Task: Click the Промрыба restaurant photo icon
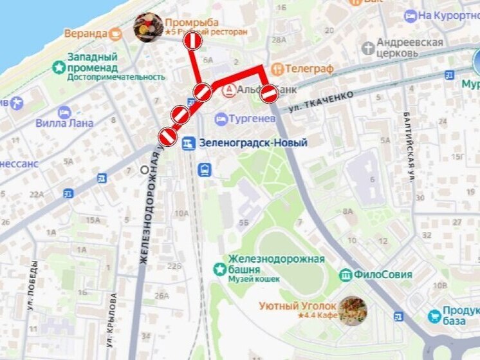point(147,28)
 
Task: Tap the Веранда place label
point(86,33)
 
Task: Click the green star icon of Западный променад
point(59,66)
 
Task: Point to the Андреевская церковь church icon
point(367,48)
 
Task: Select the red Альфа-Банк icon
point(228,91)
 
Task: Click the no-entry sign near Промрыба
point(193,42)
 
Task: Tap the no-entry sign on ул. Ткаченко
point(269,95)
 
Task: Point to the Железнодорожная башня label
point(275,264)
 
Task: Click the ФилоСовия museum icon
point(346,274)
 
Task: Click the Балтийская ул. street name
point(409,146)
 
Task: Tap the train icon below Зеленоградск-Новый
point(205,169)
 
